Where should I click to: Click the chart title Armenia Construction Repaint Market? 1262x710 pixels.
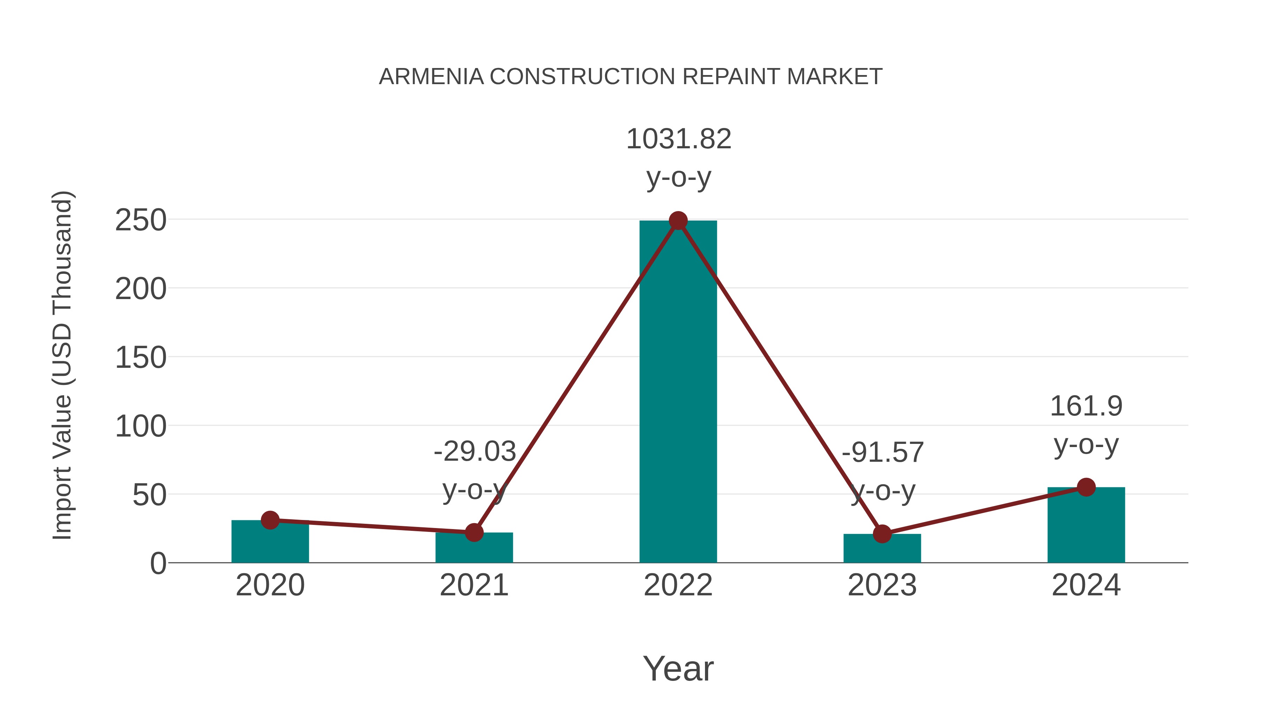point(631,77)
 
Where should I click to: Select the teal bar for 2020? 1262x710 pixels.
point(270,544)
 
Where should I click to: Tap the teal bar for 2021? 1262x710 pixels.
point(474,550)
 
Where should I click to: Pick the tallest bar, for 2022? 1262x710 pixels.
point(678,392)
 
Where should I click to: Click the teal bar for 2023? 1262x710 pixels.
point(882,550)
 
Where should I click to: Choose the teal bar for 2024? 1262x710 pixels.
point(1086,527)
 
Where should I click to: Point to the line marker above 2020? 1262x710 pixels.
point(270,520)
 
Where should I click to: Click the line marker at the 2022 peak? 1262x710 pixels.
point(678,221)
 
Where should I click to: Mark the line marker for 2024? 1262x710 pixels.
point(1086,487)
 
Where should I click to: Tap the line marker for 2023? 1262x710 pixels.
point(882,534)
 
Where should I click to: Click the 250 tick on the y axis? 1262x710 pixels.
point(141,221)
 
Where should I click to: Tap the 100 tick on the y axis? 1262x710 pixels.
point(141,426)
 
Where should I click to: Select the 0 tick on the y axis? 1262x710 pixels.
point(158,563)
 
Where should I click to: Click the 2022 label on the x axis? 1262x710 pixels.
point(678,585)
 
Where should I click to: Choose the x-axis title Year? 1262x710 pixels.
point(678,668)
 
